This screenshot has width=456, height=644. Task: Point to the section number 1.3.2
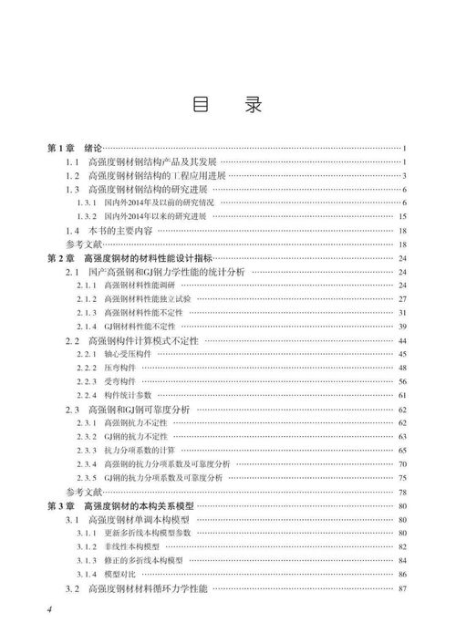[x=87, y=217]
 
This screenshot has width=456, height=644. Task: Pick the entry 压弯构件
[x=119, y=368]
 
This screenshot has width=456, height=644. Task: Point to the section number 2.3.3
[x=87, y=451]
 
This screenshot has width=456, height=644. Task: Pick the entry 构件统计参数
[x=125, y=395]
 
